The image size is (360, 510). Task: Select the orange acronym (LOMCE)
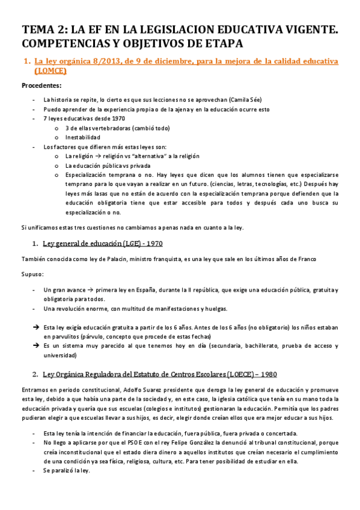tap(50, 71)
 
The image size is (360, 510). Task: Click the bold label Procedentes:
tap(41, 87)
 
